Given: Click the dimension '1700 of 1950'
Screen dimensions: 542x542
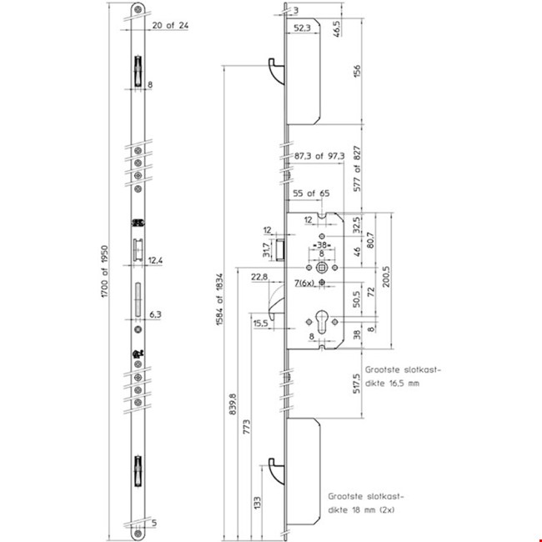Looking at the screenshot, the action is tap(103, 279).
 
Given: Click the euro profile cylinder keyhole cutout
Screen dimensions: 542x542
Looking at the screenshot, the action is tap(321, 321).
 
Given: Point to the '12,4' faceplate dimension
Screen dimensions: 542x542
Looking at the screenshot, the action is tap(156, 261).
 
